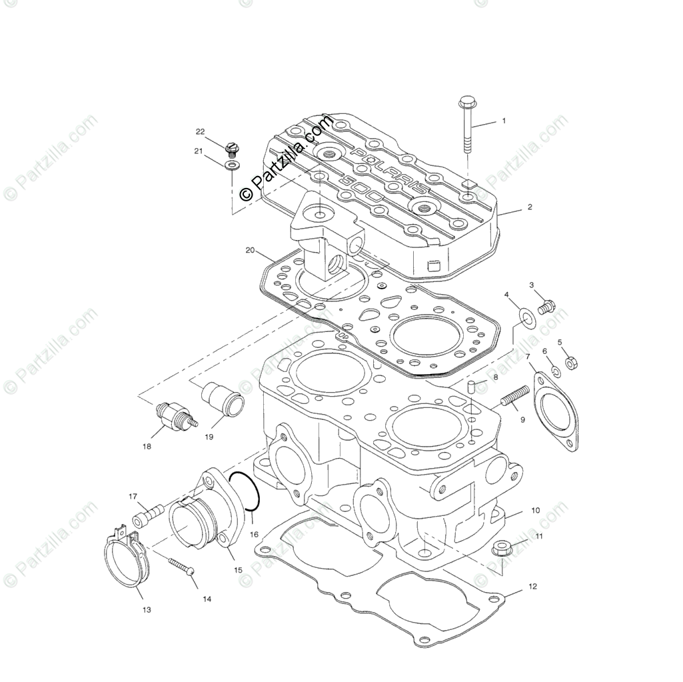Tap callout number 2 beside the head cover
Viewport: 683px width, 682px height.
[530, 207]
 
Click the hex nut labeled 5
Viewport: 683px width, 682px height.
[571, 363]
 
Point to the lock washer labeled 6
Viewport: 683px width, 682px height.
[555, 371]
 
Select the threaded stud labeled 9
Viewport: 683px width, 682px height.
[514, 399]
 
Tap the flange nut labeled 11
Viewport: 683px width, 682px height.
[501, 549]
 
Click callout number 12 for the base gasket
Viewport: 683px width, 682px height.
[532, 587]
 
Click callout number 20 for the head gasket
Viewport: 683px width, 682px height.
[250, 251]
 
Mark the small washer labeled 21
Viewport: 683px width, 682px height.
[232, 163]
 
